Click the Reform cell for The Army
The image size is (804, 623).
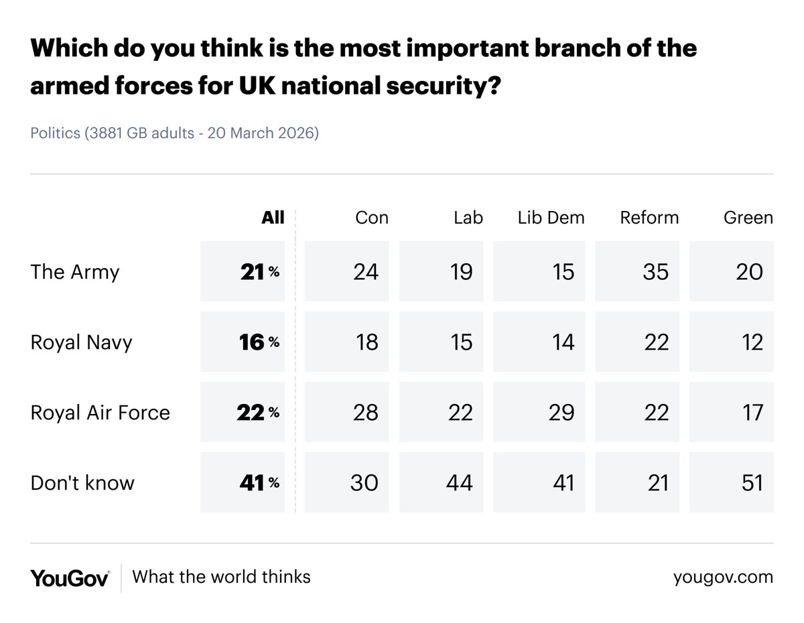point(637,272)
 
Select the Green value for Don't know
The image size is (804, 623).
point(731,483)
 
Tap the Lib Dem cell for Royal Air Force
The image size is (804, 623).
point(539,413)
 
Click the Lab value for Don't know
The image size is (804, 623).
point(446,483)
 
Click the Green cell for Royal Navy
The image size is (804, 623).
point(731,342)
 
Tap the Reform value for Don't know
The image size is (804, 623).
point(637,483)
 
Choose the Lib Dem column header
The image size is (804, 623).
point(551,218)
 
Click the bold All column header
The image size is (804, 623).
point(273,218)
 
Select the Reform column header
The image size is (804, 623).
point(649,218)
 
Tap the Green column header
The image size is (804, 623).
point(748,218)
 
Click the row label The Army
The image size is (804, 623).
point(75,272)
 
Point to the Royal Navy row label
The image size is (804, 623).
point(82,342)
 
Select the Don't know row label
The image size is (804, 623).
point(82,483)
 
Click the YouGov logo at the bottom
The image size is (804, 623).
point(70,577)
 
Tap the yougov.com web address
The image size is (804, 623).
point(723,577)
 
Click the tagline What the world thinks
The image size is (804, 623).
point(221,577)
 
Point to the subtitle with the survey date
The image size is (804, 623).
point(174,133)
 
